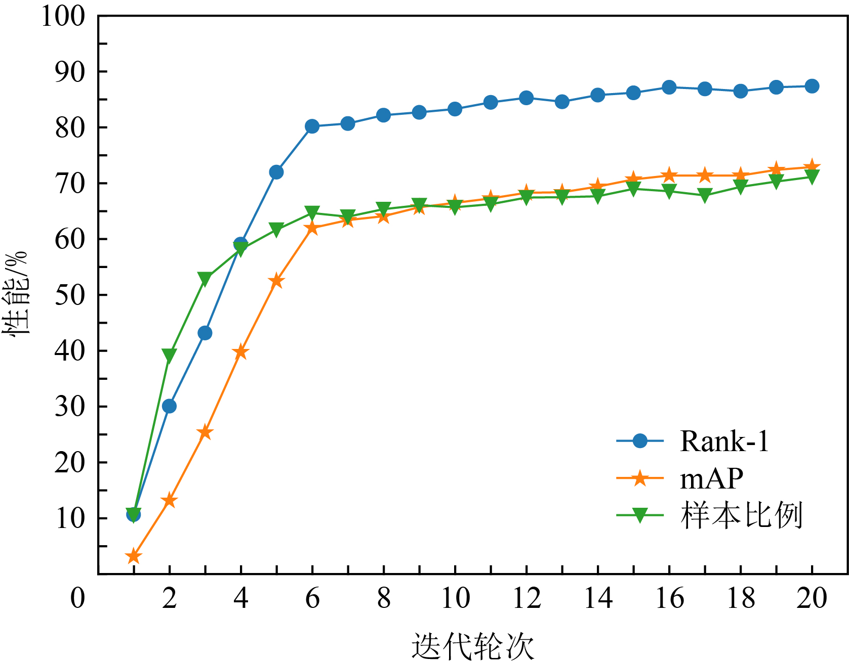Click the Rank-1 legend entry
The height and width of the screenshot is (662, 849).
tap(724, 442)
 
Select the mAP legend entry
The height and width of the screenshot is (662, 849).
tap(711, 478)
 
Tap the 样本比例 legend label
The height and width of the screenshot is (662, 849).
tap(741, 515)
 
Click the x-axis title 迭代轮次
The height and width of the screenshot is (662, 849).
tap(472, 646)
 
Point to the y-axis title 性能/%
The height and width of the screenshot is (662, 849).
tap(16, 293)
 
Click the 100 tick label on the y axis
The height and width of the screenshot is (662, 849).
tap(63, 16)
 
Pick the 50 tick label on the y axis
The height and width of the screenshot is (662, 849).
tap(69, 295)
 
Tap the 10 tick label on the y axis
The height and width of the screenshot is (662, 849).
tap(69, 518)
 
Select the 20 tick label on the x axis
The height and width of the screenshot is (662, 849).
tap(812, 598)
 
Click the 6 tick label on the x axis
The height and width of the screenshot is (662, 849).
tap(312, 598)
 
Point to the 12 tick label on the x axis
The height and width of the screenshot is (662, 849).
tap(527, 598)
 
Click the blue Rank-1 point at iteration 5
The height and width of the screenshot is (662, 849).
tap(276, 172)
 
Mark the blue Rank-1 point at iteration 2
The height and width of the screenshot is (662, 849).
tap(169, 406)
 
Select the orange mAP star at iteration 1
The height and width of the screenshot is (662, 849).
tap(134, 557)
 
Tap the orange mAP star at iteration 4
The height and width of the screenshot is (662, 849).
tap(241, 352)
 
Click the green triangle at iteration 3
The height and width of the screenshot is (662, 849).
tap(205, 279)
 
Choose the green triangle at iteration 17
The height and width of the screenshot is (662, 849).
tap(705, 195)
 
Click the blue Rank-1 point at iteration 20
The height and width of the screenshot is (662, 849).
tap(812, 86)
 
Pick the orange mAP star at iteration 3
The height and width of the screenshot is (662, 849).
tap(205, 432)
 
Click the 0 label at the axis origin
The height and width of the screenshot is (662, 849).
tap(77, 598)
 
